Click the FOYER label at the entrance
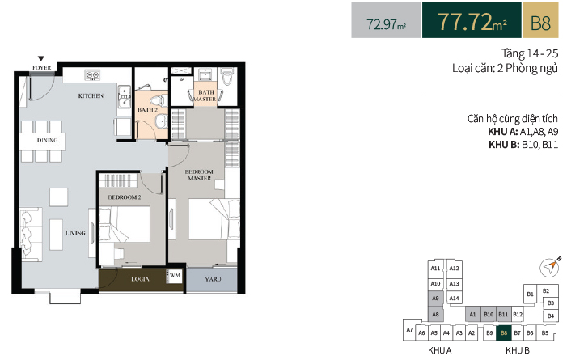[41, 68]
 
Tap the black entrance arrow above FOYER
[41, 58]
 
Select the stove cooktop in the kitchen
[92, 75]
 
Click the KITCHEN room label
[91, 96]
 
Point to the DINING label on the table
[47, 141]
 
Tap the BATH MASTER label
[205, 95]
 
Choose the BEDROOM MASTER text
[199, 175]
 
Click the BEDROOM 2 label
[125, 197]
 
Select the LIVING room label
[75, 233]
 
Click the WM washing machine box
[175, 276]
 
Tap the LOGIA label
[140, 279]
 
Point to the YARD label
[213, 279]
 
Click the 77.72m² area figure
[472, 21]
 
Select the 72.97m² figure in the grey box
[386, 24]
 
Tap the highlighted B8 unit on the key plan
[504, 333]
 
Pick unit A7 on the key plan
[410, 330]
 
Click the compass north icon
[550, 267]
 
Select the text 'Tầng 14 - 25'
[530, 53]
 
